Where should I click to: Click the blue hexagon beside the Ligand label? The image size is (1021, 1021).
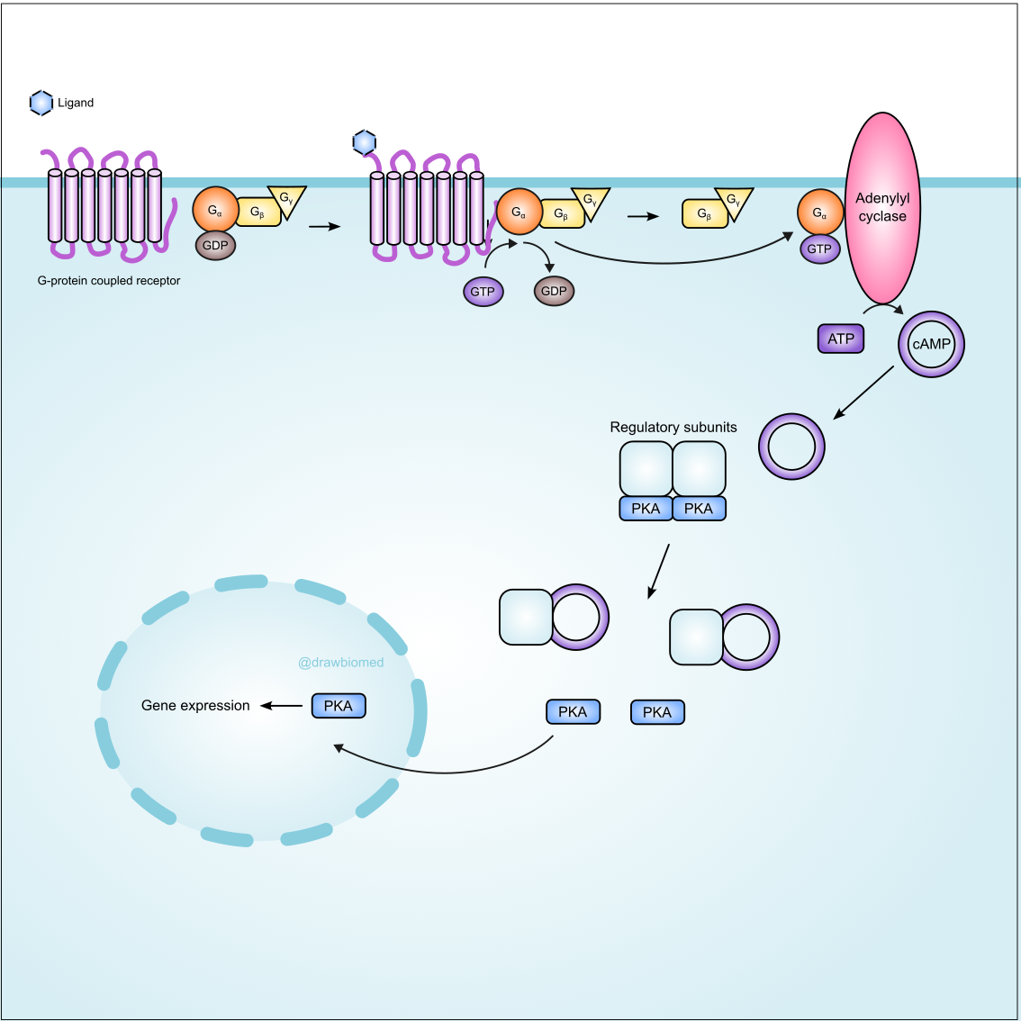[x=41, y=104]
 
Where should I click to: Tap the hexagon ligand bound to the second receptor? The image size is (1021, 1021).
[x=364, y=142]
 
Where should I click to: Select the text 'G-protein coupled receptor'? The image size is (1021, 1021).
[x=109, y=281]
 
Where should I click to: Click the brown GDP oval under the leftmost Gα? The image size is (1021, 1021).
[x=215, y=245]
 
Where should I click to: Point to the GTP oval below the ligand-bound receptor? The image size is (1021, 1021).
[x=483, y=292]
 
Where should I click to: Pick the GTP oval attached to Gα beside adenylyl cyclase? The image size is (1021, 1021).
[x=819, y=249]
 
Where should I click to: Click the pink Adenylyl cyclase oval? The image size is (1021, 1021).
[x=882, y=208]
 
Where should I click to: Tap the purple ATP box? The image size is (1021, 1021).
[x=841, y=339]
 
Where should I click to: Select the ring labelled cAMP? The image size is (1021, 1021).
[x=931, y=344]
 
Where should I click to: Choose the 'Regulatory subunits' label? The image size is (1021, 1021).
[x=673, y=428]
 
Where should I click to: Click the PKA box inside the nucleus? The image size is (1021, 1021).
[x=339, y=706]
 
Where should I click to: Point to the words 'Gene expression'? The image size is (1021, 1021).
[x=195, y=706]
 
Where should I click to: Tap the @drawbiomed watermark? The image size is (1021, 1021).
[x=340, y=663]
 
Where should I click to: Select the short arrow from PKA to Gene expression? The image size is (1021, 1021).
[x=282, y=706]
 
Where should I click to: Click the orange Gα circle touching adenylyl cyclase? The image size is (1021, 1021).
[x=819, y=212]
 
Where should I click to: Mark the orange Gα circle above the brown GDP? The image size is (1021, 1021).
[x=215, y=211]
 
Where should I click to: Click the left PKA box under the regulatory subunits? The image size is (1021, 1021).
[x=646, y=509]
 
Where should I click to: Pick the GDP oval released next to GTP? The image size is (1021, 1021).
[x=554, y=291]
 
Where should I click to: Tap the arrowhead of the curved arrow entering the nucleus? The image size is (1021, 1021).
[x=339, y=747]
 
